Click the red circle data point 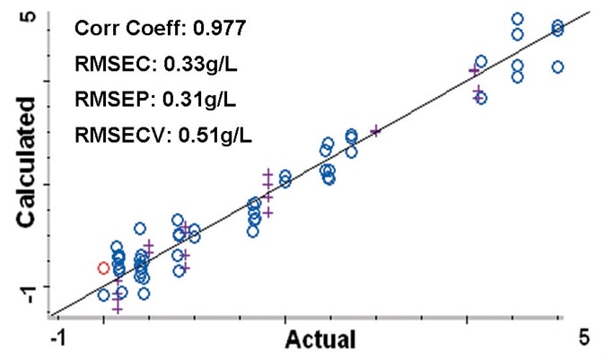103,268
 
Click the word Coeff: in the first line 149,29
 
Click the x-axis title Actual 320,339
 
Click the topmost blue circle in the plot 517,19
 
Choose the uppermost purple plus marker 474,69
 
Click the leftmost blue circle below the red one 103,294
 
